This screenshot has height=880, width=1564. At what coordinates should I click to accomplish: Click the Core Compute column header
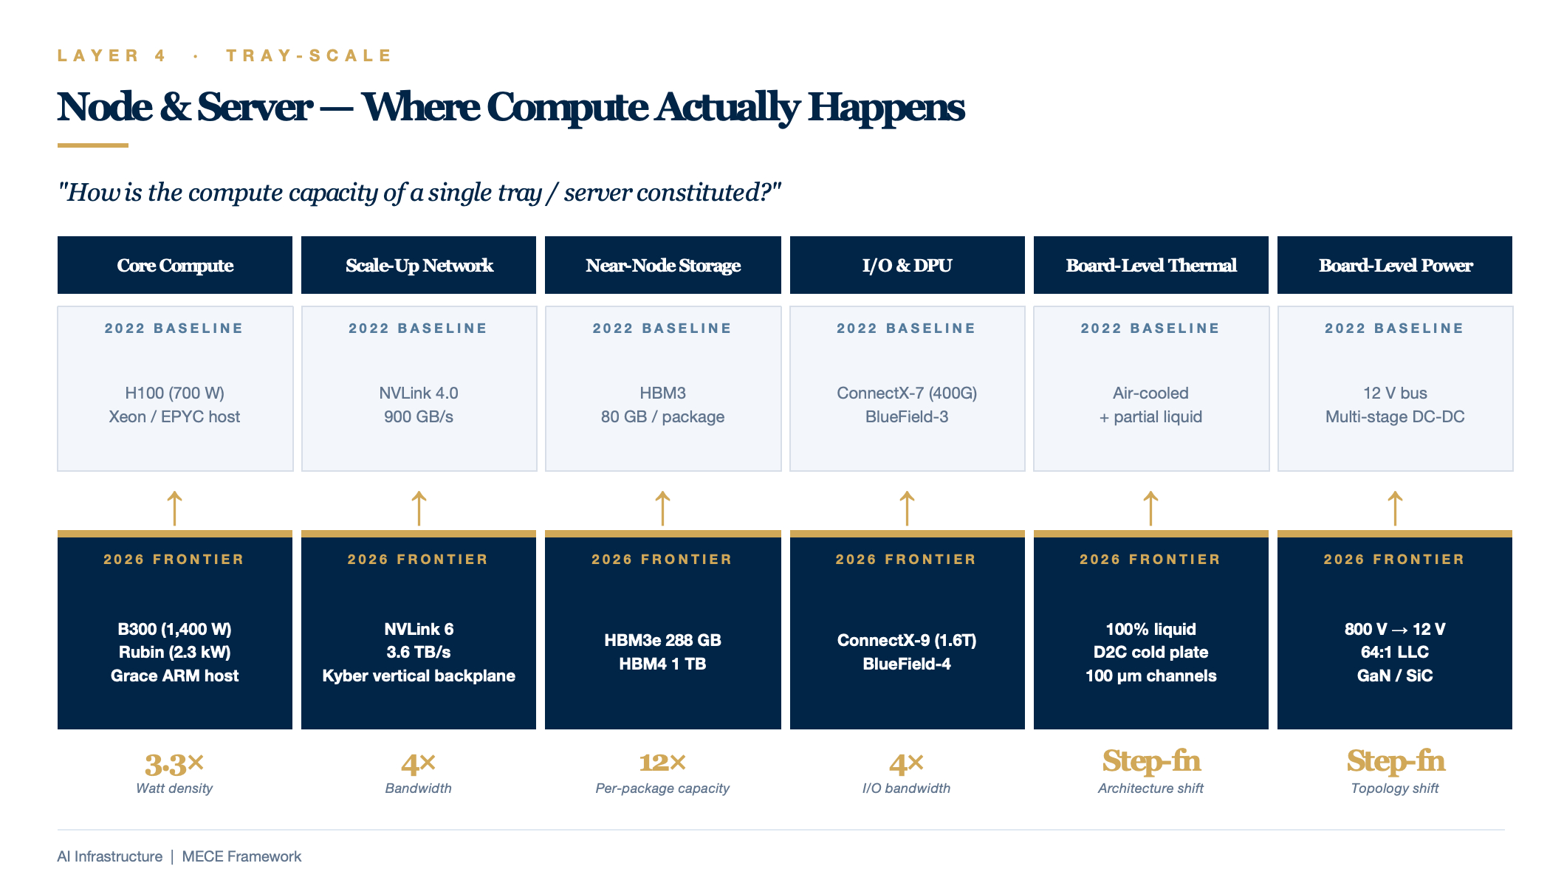[x=175, y=265]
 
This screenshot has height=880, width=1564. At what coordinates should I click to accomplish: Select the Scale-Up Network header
[x=419, y=265]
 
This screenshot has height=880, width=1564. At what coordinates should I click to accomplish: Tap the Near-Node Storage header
[x=663, y=265]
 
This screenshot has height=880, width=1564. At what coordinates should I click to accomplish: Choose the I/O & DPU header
[x=907, y=265]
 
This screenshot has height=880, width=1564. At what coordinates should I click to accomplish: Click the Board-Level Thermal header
[x=1151, y=265]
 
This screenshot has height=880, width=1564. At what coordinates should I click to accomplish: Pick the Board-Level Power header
[x=1395, y=265]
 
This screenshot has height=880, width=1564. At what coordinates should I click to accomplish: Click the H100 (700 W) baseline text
[x=175, y=393]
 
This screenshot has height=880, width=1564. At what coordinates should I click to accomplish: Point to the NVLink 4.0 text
[x=419, y=393]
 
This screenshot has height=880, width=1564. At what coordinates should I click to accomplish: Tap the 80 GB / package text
[x=663, y=416]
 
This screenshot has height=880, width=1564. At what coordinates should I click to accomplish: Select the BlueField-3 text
[x=907, y=416]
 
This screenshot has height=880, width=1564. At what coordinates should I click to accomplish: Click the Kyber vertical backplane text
[x=419, y=676]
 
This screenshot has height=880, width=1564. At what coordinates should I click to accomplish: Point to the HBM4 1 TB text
[x=663, y=664]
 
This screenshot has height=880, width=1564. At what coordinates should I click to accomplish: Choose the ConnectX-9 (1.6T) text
[x=907, y=640]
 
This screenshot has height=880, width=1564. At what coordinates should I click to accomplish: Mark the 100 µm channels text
[x=1151, y=676]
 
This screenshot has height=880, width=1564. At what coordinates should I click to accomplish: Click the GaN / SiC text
[x=1395, y=676]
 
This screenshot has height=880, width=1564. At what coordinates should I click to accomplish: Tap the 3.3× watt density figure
[x=174, y=764]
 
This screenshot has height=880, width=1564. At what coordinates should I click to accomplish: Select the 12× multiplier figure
[x=662, y=763]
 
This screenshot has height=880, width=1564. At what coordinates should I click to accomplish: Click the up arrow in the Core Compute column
[x=174, y=508]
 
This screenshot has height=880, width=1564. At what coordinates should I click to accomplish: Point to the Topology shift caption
[x=1395, y=788]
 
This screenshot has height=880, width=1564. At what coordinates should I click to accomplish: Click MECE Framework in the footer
[x=241, y=856]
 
